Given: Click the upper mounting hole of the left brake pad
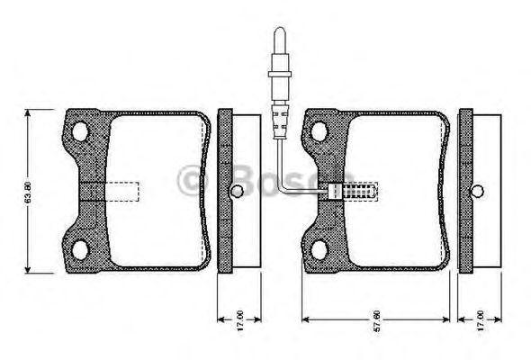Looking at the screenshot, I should pyautogui.click(x=82, y=132).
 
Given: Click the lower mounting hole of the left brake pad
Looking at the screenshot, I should pyautogui.click(x=82, y=249).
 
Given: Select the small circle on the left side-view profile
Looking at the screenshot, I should pyautogui.click(x=236, y=191).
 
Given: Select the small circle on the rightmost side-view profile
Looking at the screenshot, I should pyautogui.click(x=479, y=191).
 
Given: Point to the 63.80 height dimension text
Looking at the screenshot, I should pyautogui.click(x=29, y=191).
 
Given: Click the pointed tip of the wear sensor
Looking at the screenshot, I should pyautogui.click(x=279, y=30).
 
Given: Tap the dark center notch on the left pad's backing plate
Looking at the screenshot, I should pyautogui.click(x=92, y=191).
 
